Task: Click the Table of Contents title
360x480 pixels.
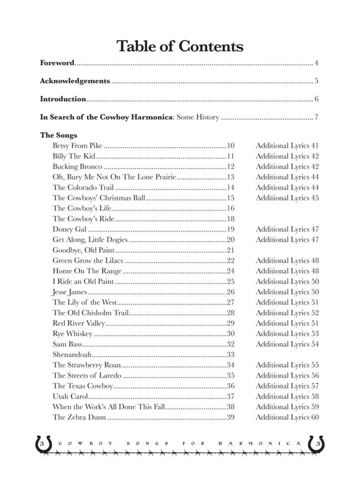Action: coord(180,47)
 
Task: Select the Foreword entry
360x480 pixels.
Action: coord(57,63)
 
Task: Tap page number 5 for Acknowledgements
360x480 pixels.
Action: coord(316,81)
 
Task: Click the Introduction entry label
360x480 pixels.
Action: coord(63,99)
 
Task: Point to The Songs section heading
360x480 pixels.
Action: coord(58,135)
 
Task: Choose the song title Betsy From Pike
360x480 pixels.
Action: coord(77,146)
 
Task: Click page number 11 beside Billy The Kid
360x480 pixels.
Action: coord(231,156)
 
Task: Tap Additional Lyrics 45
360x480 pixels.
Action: coord(287,198)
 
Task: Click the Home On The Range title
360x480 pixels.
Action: coord(87,271)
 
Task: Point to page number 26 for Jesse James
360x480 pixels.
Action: coord(231,292)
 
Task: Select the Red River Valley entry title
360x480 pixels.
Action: coord(78,323)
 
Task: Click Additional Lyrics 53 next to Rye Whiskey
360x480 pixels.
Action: coord(287,334)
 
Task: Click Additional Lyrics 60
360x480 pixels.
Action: coord(287,417)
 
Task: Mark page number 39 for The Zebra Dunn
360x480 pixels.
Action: coord(231,417)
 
